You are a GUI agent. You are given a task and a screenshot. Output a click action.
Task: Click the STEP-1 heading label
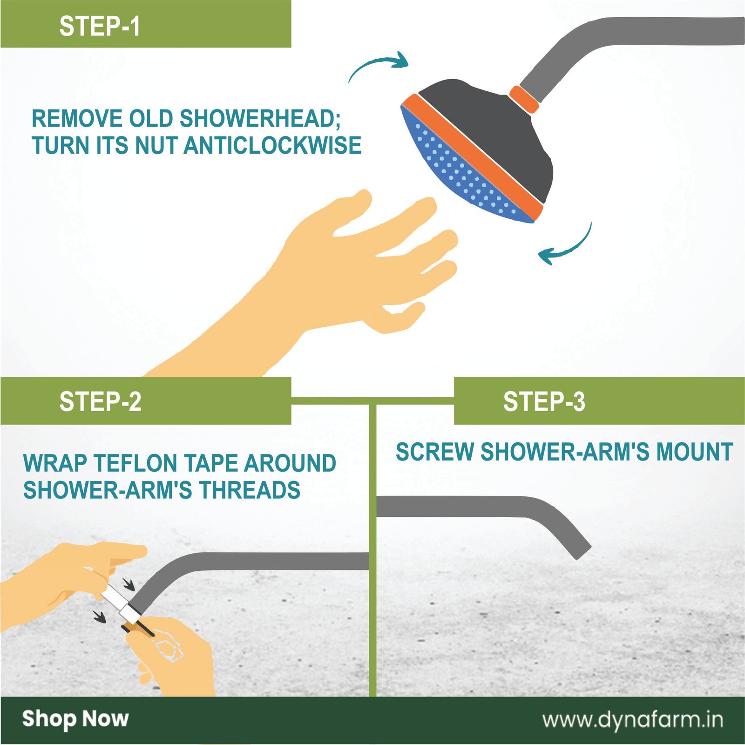click(99, 26)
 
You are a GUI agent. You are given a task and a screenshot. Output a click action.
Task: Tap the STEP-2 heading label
click(100, 401)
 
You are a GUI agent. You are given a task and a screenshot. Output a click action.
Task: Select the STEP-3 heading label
click(544, 401)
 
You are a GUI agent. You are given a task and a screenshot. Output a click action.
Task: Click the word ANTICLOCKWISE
click(273, 145)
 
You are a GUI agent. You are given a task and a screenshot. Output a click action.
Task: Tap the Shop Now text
click(75, 718)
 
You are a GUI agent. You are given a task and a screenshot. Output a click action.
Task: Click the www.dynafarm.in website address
click(633, 719)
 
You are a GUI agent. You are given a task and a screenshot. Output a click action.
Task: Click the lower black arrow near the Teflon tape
click(99, 616)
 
